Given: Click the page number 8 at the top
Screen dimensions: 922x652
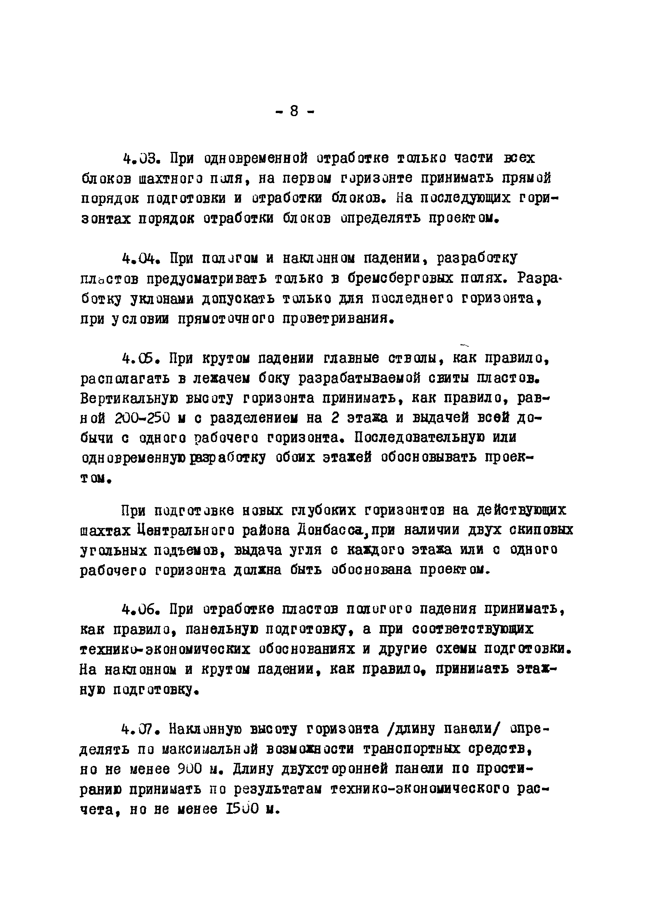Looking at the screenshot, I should [x=294, y=111].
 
